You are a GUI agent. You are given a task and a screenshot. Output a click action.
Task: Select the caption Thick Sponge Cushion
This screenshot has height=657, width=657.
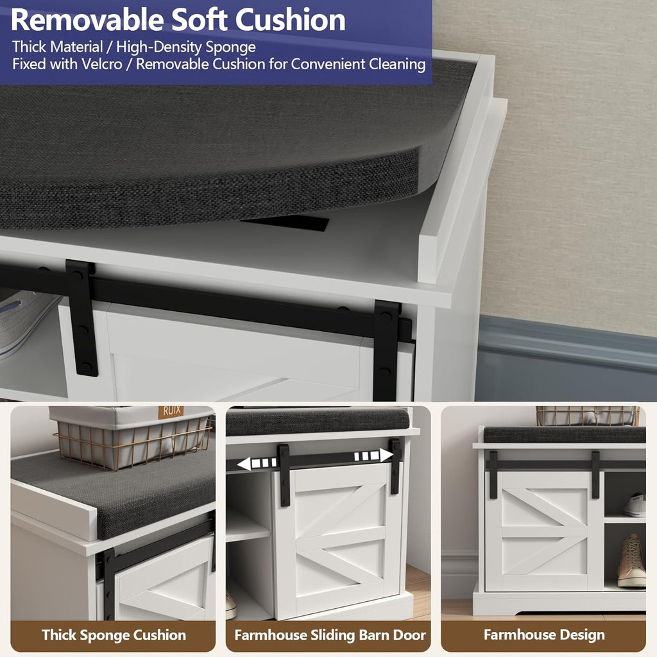tap(114, 635)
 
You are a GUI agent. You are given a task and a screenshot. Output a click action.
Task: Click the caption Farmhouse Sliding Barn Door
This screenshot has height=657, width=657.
tap(330, 635)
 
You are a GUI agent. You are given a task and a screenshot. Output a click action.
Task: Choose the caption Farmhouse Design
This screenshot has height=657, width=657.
tap(544, 635)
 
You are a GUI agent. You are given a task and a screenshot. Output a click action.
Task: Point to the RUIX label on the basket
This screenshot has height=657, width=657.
tap(171, 411)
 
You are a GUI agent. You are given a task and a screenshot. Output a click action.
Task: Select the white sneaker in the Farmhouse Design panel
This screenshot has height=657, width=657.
tap(635, 505)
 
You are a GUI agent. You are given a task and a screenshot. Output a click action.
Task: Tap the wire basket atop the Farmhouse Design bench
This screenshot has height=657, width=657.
tap(586, 415)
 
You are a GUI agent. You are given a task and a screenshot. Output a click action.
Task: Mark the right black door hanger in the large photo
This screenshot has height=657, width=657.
tap(386, 347)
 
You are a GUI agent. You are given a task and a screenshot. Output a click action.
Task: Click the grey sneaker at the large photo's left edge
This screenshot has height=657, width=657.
tap(26, 321)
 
